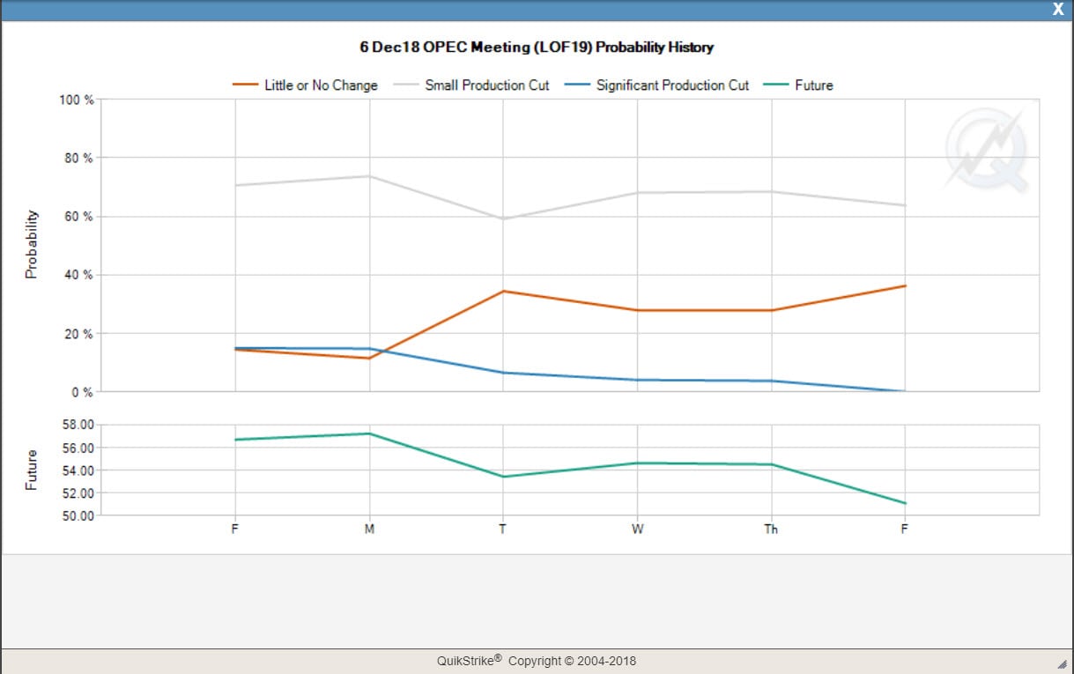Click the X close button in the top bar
tap(1058, 9)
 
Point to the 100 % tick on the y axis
tap(77, 100)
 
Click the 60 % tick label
tap(79, 217)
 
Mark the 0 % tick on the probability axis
tap(82, 392)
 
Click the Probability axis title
tap(32, 244)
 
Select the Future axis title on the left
tap(32, 470)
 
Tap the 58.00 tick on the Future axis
tap(73, 425)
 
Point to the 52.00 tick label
tap(73, 493)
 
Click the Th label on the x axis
tap(771, 530)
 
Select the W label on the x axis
tap(637, 530)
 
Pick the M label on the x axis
tap(369, 530)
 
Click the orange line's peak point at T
tap(503, 291)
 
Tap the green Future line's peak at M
tap(369, 433)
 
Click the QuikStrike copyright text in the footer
tap(537, 661)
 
